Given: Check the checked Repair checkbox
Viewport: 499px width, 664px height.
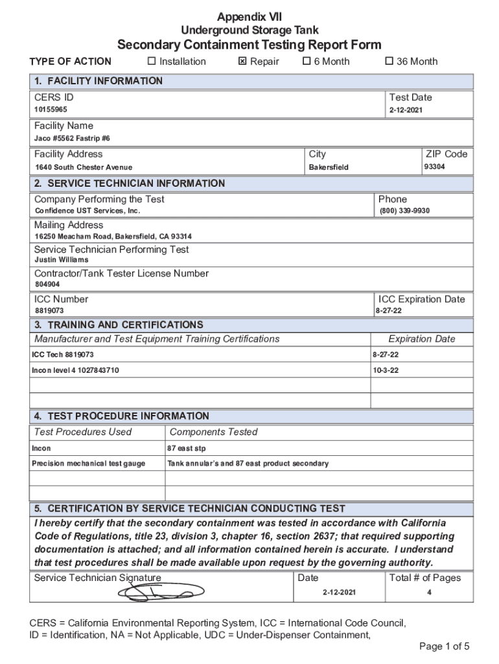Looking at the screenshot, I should click(242, 62).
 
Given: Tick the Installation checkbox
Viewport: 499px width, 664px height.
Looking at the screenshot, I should click(152, 62).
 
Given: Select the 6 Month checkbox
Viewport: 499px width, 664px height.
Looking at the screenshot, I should click(307, 62).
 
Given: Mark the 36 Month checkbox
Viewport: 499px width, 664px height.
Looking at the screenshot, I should click(389, 62).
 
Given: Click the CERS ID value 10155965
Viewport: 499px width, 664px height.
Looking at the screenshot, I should click(51, 110).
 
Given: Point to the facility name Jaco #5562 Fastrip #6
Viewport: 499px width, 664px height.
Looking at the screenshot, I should click(72, 139).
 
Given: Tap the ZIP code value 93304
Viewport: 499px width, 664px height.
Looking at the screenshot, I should click(434, 167).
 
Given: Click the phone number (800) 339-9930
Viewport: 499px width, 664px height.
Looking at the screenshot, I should click(404, 211).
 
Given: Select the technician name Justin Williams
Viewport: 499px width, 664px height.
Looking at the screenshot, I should click(61, 260).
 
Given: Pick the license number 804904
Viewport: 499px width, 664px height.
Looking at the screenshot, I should click(47, 284).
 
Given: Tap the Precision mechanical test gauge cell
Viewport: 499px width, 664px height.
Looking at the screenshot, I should click(89, 463).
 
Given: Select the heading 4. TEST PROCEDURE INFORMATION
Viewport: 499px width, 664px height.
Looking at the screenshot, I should click(122, 416).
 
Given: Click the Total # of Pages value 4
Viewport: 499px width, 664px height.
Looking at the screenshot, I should click(429, 593).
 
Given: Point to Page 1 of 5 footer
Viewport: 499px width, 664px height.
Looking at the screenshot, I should click(444, 646).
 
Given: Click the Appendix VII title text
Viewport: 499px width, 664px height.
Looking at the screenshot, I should click(250, 17).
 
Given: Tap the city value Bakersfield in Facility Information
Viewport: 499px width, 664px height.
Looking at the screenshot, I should click(329, 167).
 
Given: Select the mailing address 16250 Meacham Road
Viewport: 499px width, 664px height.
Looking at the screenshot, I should click(113, 236).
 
